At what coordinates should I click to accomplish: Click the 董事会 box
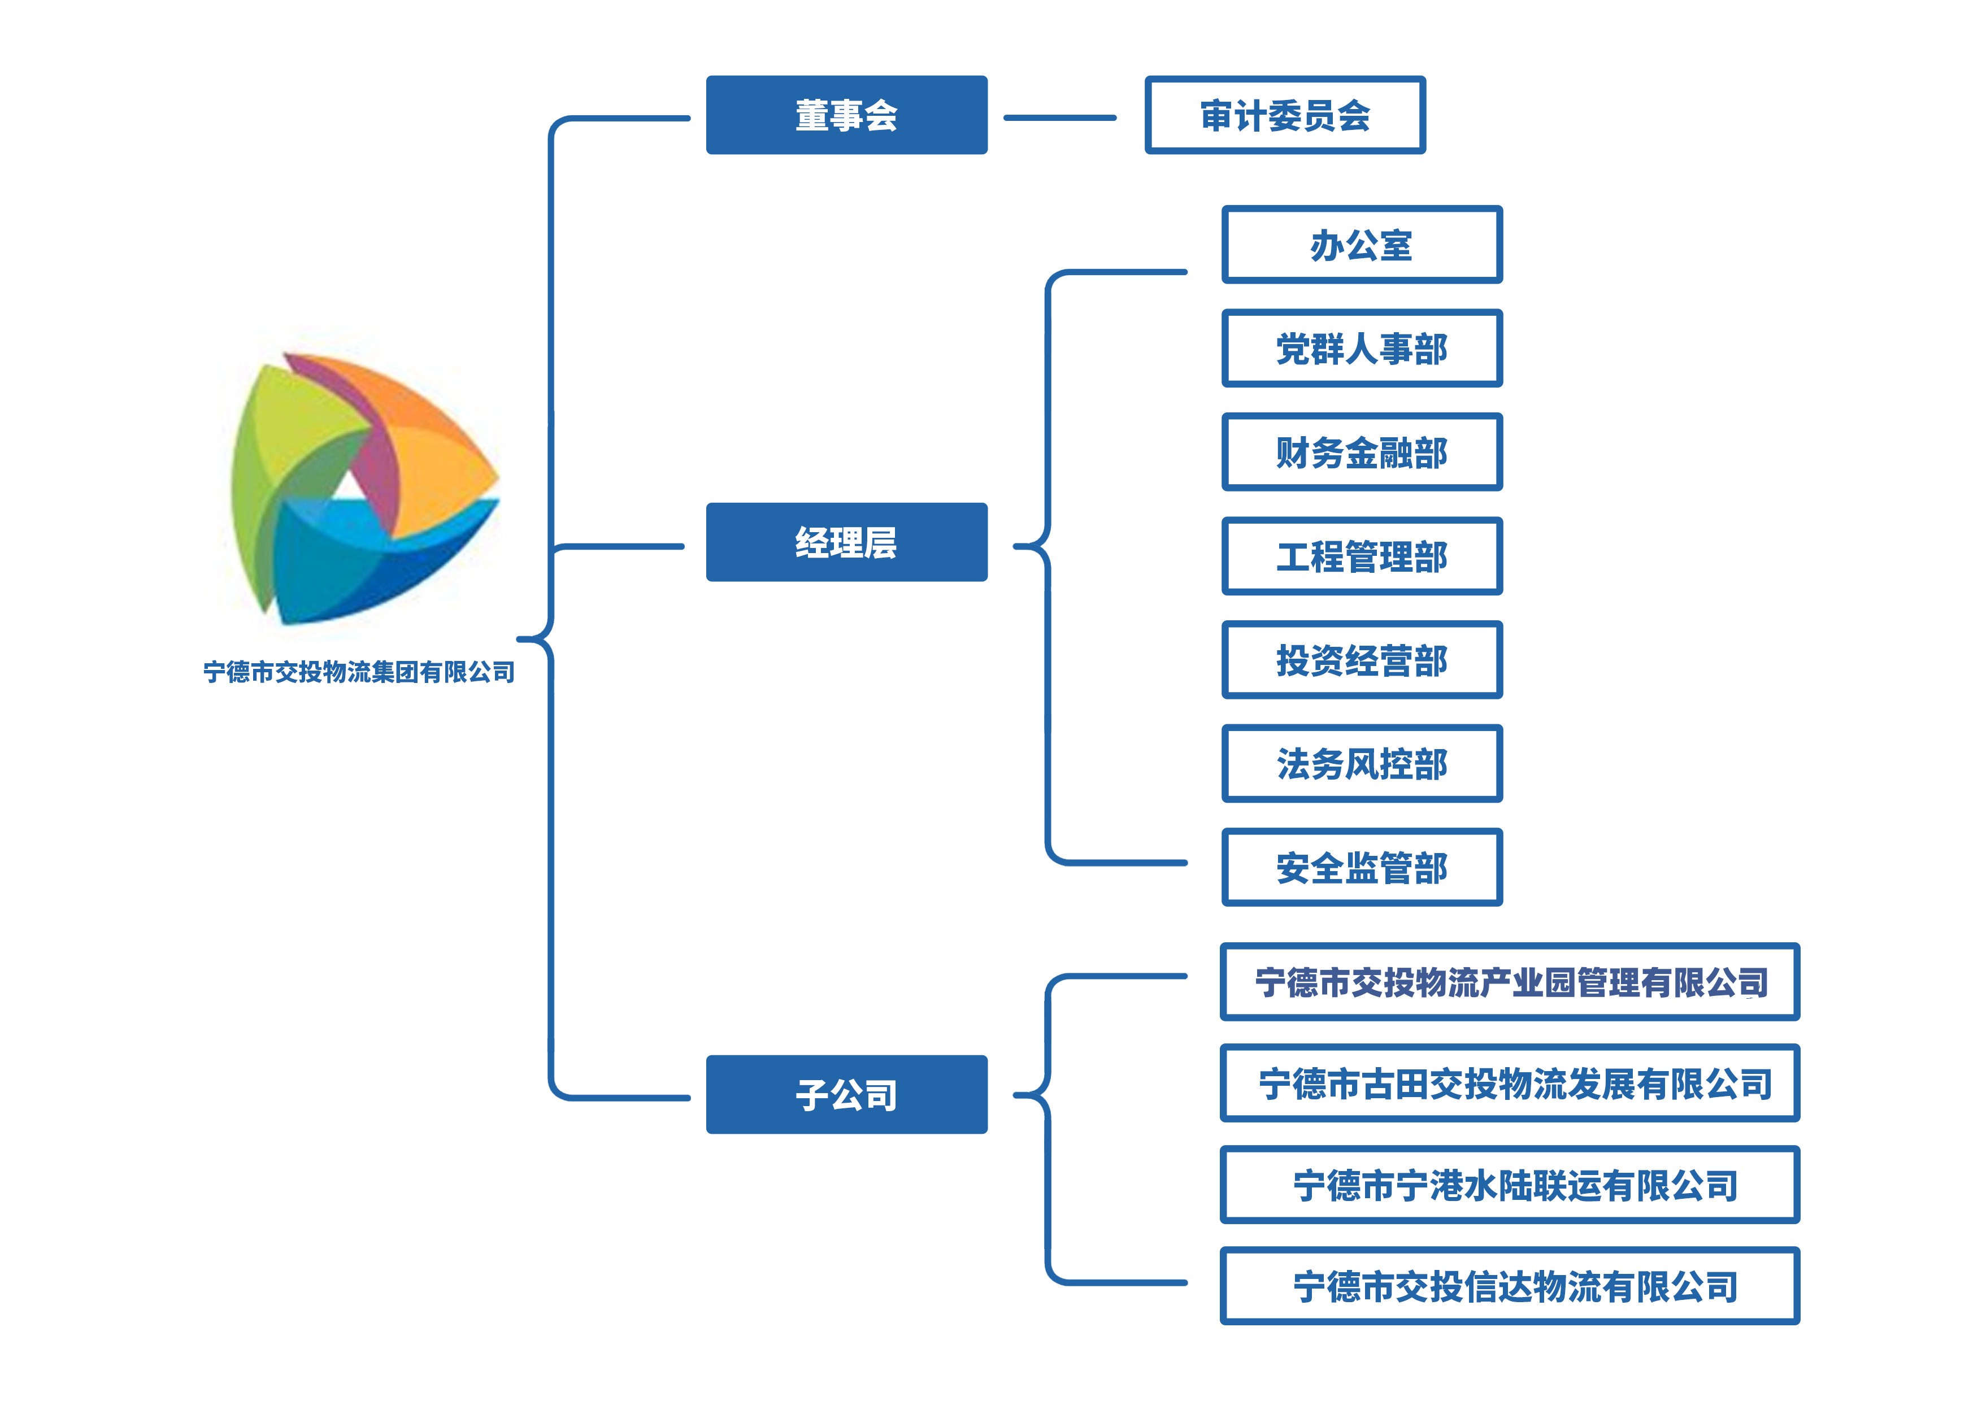(846, 115)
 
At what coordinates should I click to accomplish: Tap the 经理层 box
(846, 542)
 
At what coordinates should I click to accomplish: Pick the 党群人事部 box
(1361, 348)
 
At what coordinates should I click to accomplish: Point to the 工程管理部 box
(1361, 556)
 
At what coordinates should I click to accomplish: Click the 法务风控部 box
(1361, 763)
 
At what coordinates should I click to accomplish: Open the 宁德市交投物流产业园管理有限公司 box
(1509, 981)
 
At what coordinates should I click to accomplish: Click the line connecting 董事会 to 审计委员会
(1059, 118)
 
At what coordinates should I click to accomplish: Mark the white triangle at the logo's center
(350, 488)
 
